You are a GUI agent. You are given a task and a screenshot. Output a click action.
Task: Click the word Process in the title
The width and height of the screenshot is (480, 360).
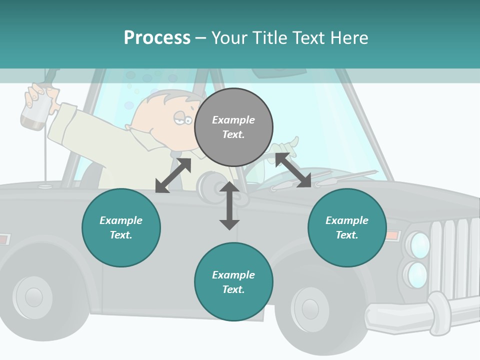click(x=157, y=38)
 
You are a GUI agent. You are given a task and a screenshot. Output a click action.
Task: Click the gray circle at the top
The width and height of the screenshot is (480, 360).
click(x=233, y=127)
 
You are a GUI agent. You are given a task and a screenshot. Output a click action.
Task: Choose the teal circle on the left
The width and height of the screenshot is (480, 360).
click(x=121, y=227)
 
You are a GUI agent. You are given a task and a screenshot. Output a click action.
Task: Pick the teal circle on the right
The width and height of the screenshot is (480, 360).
click(x=347, y=227)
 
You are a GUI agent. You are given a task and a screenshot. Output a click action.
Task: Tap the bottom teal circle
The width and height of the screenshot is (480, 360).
click(x=233, y=282)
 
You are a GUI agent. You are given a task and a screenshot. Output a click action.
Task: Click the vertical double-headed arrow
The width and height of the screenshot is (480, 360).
click(x=229, y=205)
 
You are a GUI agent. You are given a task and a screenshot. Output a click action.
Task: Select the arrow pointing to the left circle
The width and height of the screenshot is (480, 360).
click(x=173, y=175)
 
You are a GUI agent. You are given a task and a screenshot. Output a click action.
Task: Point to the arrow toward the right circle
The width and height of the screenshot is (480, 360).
click(x=293, y=170)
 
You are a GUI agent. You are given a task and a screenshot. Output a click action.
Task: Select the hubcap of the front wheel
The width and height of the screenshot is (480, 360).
click(x=309, y=308)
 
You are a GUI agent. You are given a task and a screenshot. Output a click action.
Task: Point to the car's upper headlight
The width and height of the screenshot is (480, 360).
click(x=419, y=245)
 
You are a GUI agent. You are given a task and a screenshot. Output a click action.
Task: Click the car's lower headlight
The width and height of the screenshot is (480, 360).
click(x=417, y=275)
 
